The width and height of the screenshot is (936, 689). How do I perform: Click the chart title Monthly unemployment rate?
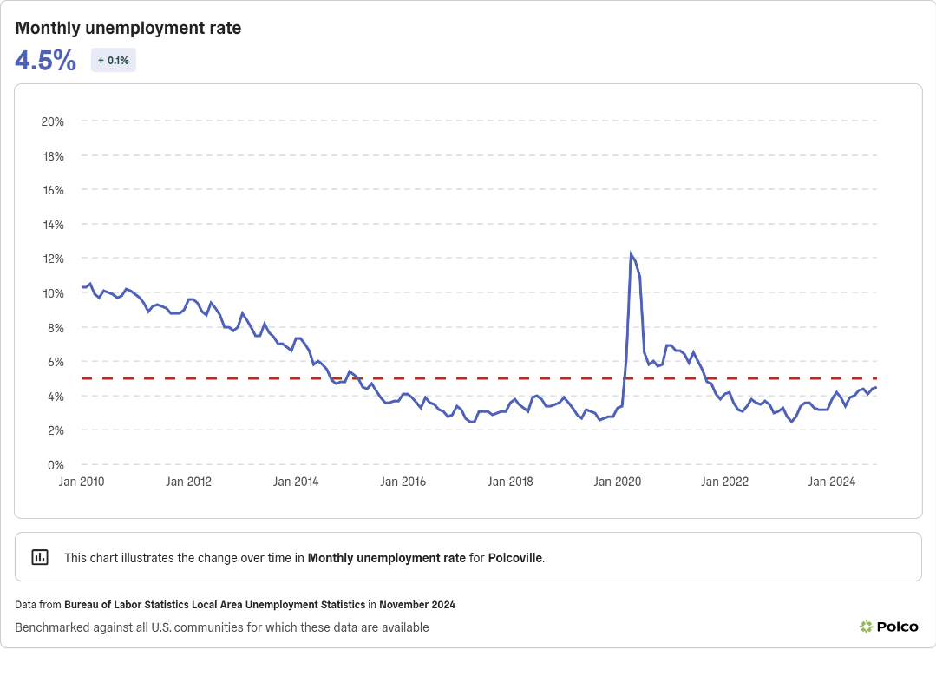tap(128, 29)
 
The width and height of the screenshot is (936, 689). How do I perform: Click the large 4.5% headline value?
tap(45, 61)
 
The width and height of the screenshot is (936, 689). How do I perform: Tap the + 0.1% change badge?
tap(114, 61)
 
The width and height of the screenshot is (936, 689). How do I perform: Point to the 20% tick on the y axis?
tap(52, 121)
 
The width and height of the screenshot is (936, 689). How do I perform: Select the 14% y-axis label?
tap(52, 225)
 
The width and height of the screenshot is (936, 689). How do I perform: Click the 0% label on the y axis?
tap(56, 465)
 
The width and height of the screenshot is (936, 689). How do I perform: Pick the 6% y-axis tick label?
tap(56, 362)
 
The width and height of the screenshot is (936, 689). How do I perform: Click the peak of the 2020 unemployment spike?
tap(631, 254)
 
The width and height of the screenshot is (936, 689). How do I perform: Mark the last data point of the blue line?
tap(875, 387)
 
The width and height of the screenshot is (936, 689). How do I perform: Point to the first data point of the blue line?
tap(82, 287)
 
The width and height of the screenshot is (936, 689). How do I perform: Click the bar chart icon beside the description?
tap(40, 557)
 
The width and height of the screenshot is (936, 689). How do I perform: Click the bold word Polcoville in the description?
tap(515, 558)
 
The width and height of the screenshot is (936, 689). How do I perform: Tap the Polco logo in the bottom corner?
tap(888, 627)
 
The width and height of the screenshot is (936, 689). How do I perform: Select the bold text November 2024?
tap(416, 605)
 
